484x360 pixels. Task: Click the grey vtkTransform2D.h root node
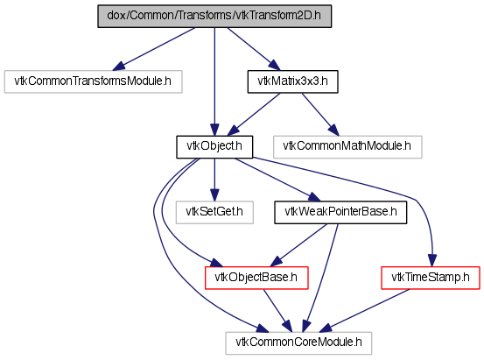point(214,16)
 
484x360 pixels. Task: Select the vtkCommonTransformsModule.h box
point(94,81)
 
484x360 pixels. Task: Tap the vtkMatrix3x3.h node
point(292,81)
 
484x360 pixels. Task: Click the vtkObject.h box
point(214,147)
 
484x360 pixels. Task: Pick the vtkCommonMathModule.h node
point(347,147)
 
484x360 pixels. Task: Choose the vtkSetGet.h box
point(214,213)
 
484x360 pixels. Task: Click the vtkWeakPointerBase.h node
point(340,213)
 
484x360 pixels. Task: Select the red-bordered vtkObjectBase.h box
point(256,278)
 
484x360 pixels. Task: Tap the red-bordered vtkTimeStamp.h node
point(431,278)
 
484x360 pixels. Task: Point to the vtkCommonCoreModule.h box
point(298,343)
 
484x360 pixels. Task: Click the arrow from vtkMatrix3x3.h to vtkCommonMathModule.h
point(320,115)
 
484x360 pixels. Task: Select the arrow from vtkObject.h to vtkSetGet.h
point(214,180)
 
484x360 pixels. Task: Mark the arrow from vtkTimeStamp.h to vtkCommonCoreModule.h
point(365,311)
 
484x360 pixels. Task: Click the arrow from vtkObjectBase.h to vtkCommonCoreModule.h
point(277,311)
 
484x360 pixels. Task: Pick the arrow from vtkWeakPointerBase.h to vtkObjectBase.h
point(298,245)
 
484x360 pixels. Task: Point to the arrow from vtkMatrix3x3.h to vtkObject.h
point(254,115)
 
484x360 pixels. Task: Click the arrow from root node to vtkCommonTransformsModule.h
point(154,49)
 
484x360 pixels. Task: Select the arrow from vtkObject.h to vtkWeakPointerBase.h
point(277,180)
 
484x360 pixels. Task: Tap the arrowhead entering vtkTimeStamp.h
point(432,260)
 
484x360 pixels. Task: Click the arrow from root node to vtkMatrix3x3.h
point(254,49)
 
